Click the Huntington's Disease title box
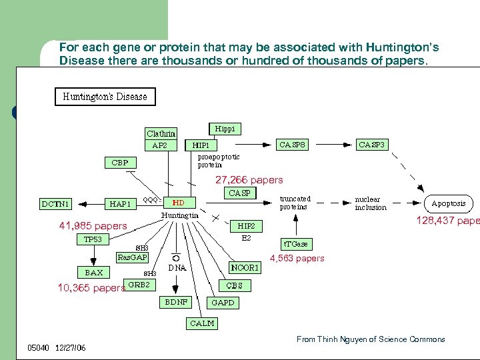point(105,97)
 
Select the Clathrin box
point(161,133)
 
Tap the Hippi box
point(225,128)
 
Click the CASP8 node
point(293,144)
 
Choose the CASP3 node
point(372,144)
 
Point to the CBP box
point(120,162)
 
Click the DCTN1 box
point(56,204)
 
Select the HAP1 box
point(121,204)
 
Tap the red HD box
point(179,202)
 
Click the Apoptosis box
point(449,203)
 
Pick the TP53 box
point(93,239)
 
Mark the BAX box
point(93,272)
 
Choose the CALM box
point(203,323)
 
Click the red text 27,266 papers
point(249,180)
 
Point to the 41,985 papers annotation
point(93,226)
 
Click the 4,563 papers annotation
point(297,259)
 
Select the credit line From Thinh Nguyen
point(371,339)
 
